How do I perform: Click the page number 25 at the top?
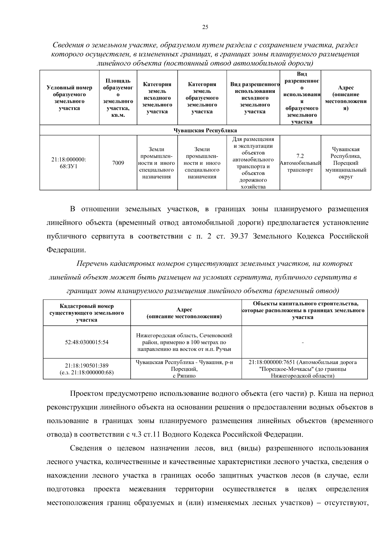pos(205,27)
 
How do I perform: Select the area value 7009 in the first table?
pos(118,163)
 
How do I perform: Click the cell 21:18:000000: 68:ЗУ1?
pos(69,163)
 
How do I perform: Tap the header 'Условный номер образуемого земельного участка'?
pos(69,98)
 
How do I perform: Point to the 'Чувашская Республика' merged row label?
pos(205,130)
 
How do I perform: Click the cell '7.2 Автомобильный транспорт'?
pos(300,163)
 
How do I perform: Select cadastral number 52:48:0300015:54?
pos(87,342)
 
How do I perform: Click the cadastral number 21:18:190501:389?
pos(87,365)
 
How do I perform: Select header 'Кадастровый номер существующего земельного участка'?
pos(87,313)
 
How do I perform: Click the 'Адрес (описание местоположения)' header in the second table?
pos(185,313)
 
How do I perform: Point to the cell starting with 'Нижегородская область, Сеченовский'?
pos(185,342)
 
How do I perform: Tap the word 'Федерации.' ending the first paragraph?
pos(67,250)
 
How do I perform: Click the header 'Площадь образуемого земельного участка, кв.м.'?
pos(118,98)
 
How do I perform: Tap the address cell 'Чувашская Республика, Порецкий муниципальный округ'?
pos(346,163)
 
